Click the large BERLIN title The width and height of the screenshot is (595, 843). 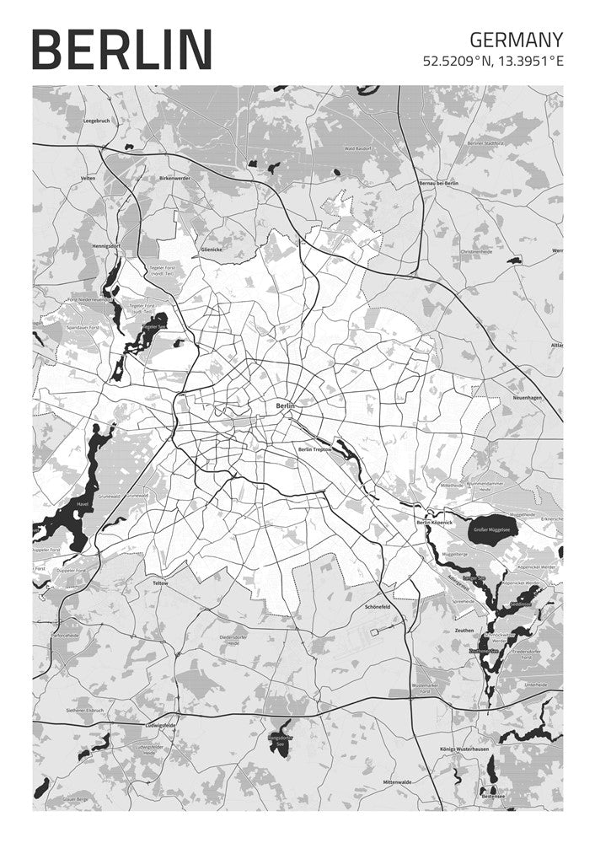pos(121,48)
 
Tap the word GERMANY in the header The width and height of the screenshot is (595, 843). pos(516,40)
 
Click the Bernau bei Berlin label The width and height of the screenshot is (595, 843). pos(438,183)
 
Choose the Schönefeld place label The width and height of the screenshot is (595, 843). pos(377,607)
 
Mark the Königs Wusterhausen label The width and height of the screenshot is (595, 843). pos(464,749)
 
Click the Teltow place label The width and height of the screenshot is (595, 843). pos(160,583)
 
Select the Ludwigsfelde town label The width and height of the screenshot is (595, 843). pos(159,725)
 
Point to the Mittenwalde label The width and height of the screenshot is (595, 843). pos(398,781)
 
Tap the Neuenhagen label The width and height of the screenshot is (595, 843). pos(531,397)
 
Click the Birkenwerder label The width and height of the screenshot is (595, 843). pos(174,179)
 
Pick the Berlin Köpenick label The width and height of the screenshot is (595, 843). pos(436,524)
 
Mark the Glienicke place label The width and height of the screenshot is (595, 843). pos(212,250)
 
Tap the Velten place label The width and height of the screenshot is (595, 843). pos(88,179)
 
